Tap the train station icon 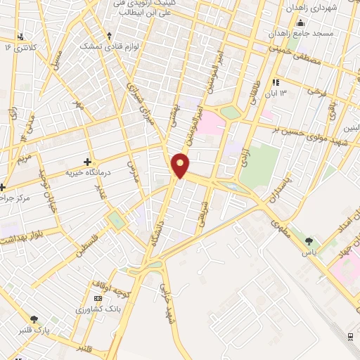click(350, 337)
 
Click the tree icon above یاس click(309, 241)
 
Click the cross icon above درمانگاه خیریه click(88, 161)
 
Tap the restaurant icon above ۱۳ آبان click(276, 82)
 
